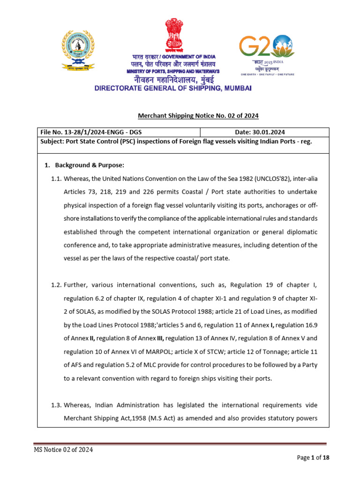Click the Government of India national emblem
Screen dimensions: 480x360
click(x=173, y=35)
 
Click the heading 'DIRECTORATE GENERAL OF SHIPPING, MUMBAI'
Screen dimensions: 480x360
click(x=173, y=88)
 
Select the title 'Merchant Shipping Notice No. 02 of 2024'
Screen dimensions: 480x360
click(x=198, y=116)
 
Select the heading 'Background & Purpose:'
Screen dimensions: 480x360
click(x=89, y=165)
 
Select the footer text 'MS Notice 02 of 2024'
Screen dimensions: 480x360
click(x=63, y=450)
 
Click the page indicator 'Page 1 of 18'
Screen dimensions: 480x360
click(x=314, y=458)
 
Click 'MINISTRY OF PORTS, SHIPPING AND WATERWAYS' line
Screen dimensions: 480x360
click(x=173, y=71)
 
